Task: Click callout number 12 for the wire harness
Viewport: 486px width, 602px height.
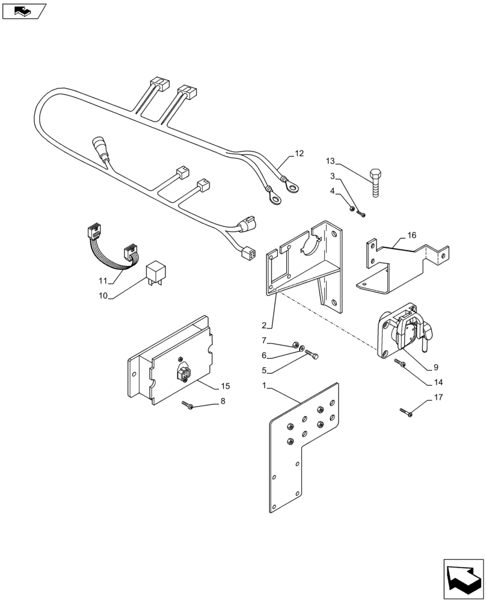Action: (299, 154)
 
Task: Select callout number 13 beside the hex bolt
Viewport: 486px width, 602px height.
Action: (330, 161)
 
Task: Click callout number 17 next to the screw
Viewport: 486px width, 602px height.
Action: (437, 397)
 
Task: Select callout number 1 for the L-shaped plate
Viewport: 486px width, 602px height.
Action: (265, 385)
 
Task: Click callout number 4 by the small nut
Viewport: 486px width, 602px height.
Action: (333, 191)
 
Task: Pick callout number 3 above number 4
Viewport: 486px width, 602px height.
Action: (333, 176)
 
